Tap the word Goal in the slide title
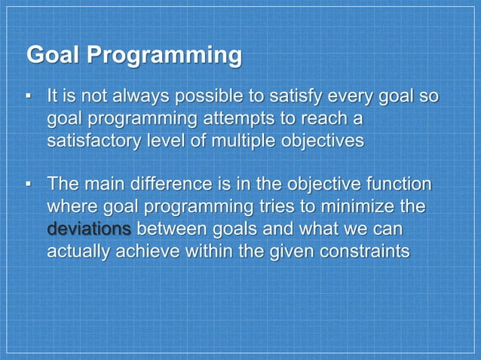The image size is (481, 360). (53, 56)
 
